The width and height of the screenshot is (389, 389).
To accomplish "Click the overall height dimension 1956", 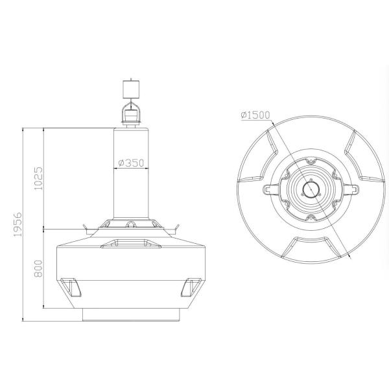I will coord(19,224).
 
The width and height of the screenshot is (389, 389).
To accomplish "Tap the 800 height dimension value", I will coord(38,267).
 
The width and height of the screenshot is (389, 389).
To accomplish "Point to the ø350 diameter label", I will coord(132,163).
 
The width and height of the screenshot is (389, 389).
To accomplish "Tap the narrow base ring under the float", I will coord(132,314).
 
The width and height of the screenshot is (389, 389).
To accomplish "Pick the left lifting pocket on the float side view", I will coord(69,285).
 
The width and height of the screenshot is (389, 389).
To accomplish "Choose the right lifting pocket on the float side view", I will coord(194,285).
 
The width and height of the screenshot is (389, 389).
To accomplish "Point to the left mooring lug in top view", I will coord(268,190).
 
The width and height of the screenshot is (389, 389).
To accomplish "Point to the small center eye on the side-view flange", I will coord(132,225).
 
